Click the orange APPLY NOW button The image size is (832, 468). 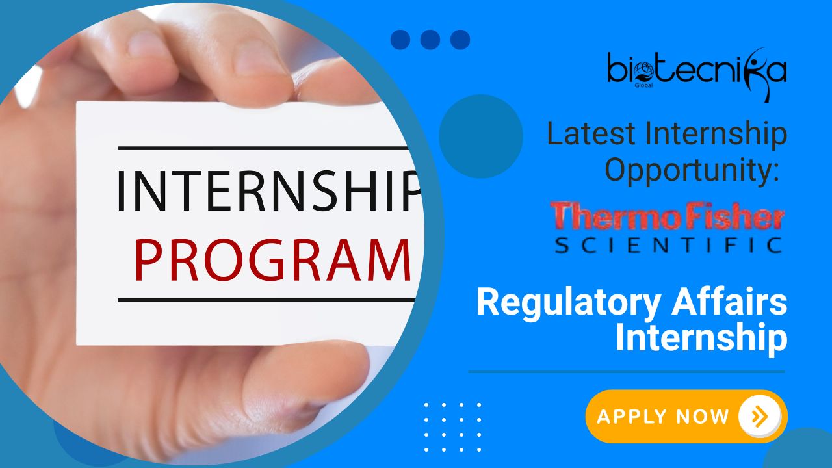[686, 417]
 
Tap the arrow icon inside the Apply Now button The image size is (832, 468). [760, 417]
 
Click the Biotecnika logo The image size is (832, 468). [697, 74]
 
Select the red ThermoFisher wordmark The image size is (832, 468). [668, 215]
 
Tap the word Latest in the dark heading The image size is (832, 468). [591, 133]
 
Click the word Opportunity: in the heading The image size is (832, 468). [692, 171]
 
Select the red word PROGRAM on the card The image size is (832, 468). [273, 260]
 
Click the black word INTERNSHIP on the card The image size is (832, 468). [269, 190]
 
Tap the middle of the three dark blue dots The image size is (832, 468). [430, 40]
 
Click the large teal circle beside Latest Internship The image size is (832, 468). [481, 136]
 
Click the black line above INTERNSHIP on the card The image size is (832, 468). [263, 148]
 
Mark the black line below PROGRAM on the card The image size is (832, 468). [266, 300]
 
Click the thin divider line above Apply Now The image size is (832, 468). [627, 371]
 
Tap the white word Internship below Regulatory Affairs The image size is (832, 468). [701, 337]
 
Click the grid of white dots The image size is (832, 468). [453, 427]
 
